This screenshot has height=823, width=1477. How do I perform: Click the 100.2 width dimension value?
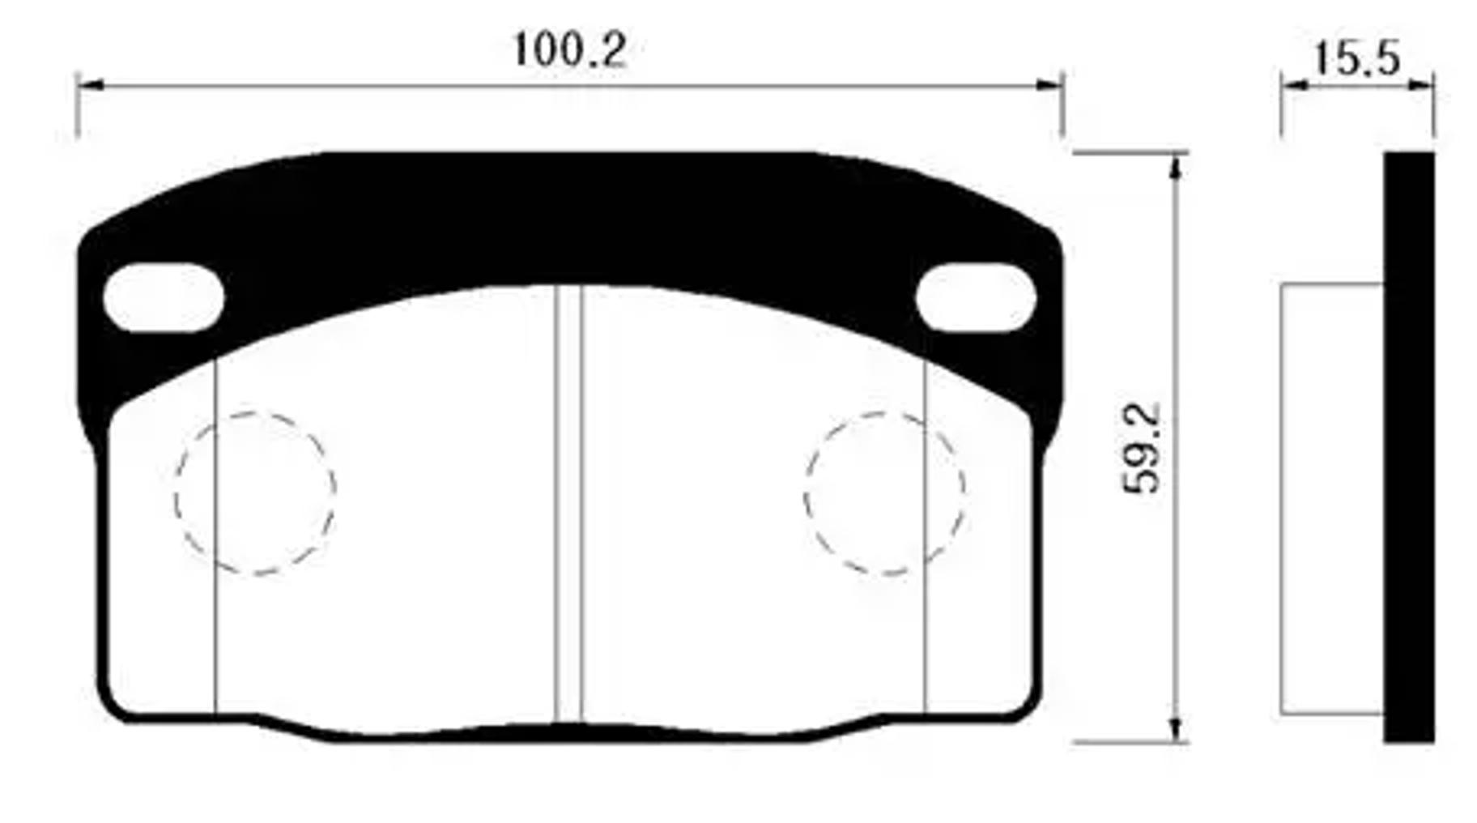(x=569, y=50)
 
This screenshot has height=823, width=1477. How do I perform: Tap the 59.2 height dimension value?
(x=1141, y=448)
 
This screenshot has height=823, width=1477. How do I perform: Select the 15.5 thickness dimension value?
(x=1356, y=58)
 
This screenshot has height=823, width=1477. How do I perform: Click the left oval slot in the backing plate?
(x=164, y=297)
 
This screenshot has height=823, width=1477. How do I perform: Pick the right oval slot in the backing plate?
(x=976, y=297)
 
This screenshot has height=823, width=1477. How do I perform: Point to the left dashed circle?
(x=254, y=493)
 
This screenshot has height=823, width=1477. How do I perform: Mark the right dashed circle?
(x=884, y=493)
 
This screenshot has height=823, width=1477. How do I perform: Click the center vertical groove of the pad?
(x=568, y=502)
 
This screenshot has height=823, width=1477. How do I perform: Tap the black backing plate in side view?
(x=1409, y=446)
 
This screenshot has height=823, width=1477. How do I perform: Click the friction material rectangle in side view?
(x=1331, y=498)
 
